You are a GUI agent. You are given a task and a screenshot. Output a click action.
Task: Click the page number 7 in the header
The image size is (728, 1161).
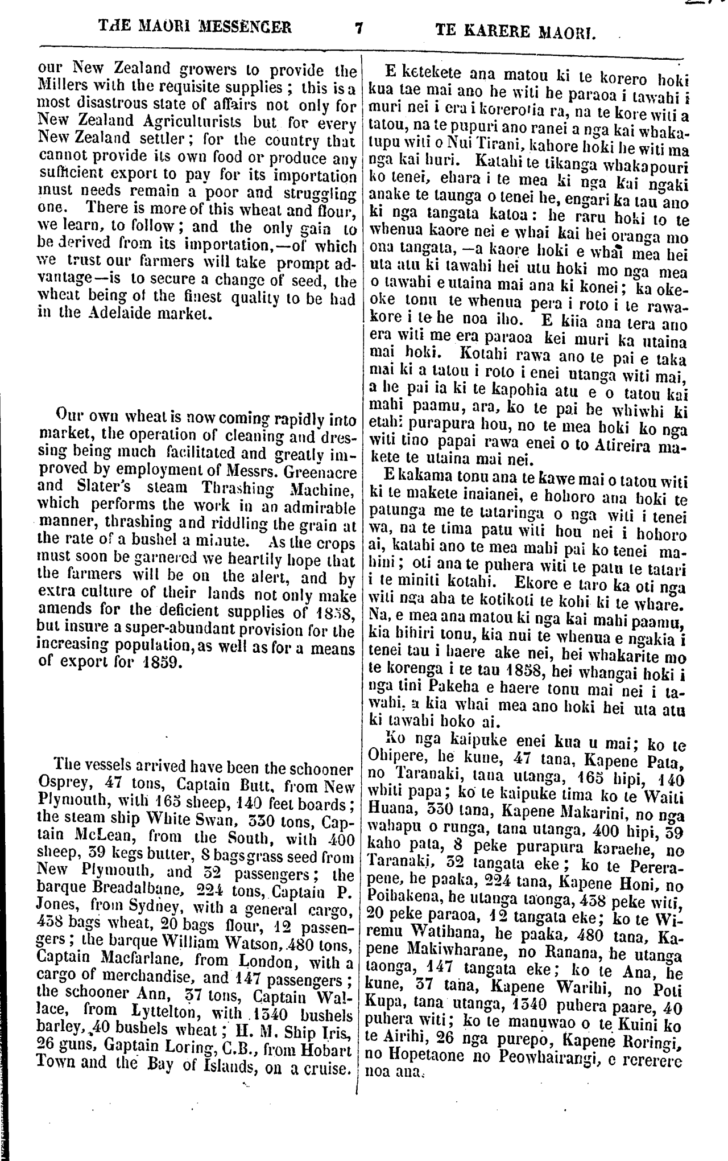(x=358, y=27)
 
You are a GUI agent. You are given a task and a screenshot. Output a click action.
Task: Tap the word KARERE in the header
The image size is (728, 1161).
(x=499, y=29)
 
